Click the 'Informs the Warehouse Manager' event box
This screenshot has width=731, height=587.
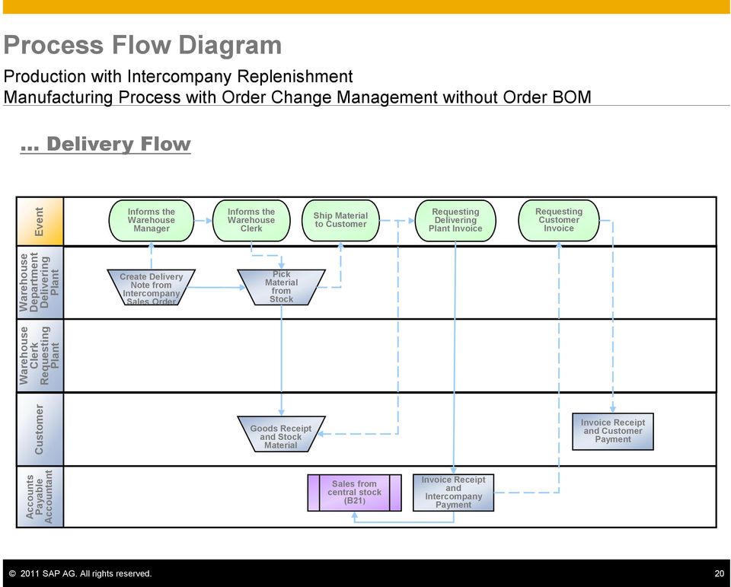[x=151, y=221]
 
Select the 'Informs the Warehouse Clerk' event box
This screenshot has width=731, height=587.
[x=251, y=221]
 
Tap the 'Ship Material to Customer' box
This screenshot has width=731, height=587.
[x=341, y=221]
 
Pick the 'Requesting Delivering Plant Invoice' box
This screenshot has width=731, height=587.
[x=455, y=221]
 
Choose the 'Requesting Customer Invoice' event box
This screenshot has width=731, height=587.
[x=558, y=221]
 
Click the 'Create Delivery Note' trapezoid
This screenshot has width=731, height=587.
[x=151, y=287]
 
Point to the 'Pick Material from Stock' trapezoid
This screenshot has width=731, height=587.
[x=281, y=287]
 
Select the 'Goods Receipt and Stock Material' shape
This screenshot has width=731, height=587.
[x=281, y=434]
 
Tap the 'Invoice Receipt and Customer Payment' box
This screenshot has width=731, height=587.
[x=612, y=431]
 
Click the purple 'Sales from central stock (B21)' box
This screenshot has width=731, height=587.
[x=354, y=493]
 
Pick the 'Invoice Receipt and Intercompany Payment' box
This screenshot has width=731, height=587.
[x=453, y=493]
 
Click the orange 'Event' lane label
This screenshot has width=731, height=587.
[x=40, y=222]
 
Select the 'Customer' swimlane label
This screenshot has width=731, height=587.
[x=40, y=429]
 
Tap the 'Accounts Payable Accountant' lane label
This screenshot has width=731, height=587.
[x=40, y=496]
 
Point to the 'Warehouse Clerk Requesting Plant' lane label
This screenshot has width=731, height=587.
[x=40, y=356]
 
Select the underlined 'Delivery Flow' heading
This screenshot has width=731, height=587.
[x=105, y=144]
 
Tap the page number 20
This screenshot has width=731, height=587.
[x=720, y=573]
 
